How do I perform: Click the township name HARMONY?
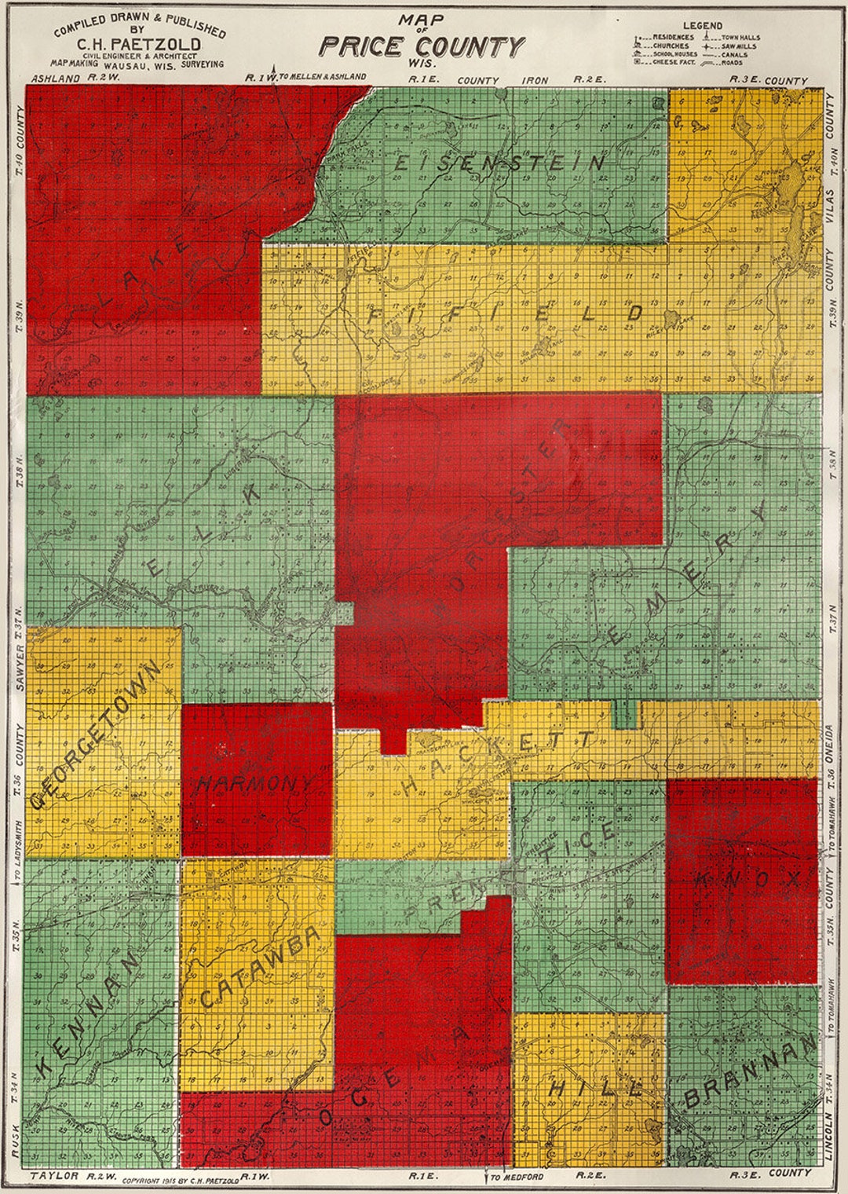255,782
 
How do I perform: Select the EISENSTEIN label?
499,163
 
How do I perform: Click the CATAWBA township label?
260,968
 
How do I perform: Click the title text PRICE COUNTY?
421,46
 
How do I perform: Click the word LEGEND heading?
702,26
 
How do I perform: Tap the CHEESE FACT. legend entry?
674,62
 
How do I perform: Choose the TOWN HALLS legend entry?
740,38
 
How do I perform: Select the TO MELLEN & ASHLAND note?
322,77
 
